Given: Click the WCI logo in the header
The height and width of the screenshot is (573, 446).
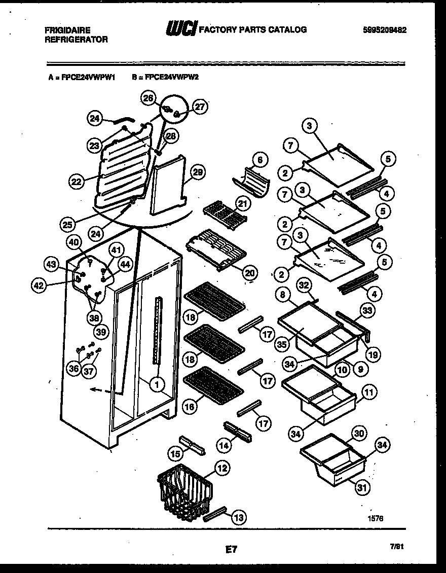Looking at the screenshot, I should [x=180, y=30].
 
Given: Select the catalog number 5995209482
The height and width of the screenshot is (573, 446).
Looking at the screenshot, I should [x=385, y=30].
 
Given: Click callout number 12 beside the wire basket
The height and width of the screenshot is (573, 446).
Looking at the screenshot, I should [x=221, y=468].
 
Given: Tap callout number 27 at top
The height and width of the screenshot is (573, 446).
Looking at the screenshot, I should [x=200, y=106].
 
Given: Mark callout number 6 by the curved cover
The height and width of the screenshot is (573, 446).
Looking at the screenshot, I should [x=260, y=160].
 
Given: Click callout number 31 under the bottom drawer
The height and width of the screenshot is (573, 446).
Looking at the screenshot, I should [x=361, y=488].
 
